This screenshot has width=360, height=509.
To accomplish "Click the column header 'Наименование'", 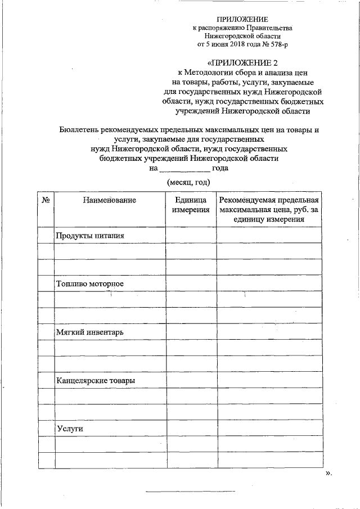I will pyautogui.click(x=110, y=200).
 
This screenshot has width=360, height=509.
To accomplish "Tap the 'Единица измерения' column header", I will pyautogui.click(x=191, y=205).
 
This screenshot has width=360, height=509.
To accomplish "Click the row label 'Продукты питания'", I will pyautogui.click(x=90, y=235).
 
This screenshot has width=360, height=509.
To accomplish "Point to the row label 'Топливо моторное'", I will pyautogui.click(x=90, y=283).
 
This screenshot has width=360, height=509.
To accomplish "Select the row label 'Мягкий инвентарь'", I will pyautogui.click(x=90, y=332).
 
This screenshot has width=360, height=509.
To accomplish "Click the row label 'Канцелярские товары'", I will pyautogui.click(x=96, y=381).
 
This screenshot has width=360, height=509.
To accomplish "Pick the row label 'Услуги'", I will pyautogui.click(x=70, y=429).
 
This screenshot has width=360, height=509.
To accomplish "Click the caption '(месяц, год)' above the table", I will pyautogui.click(x=188, y=182).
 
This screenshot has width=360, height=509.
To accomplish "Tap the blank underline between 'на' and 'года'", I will pyautogui.click(x=184, y=169).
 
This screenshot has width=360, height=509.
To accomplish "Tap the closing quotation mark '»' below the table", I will pyautogui.click(x=328, y=473).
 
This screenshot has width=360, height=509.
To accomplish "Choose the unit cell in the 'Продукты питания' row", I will pyautogui.click(x=191, y=235).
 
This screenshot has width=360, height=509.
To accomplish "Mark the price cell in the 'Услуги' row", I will pyautogui.click(x=270, y=429).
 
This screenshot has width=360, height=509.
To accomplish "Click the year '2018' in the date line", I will pyautogui.click(x=235, y=43).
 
